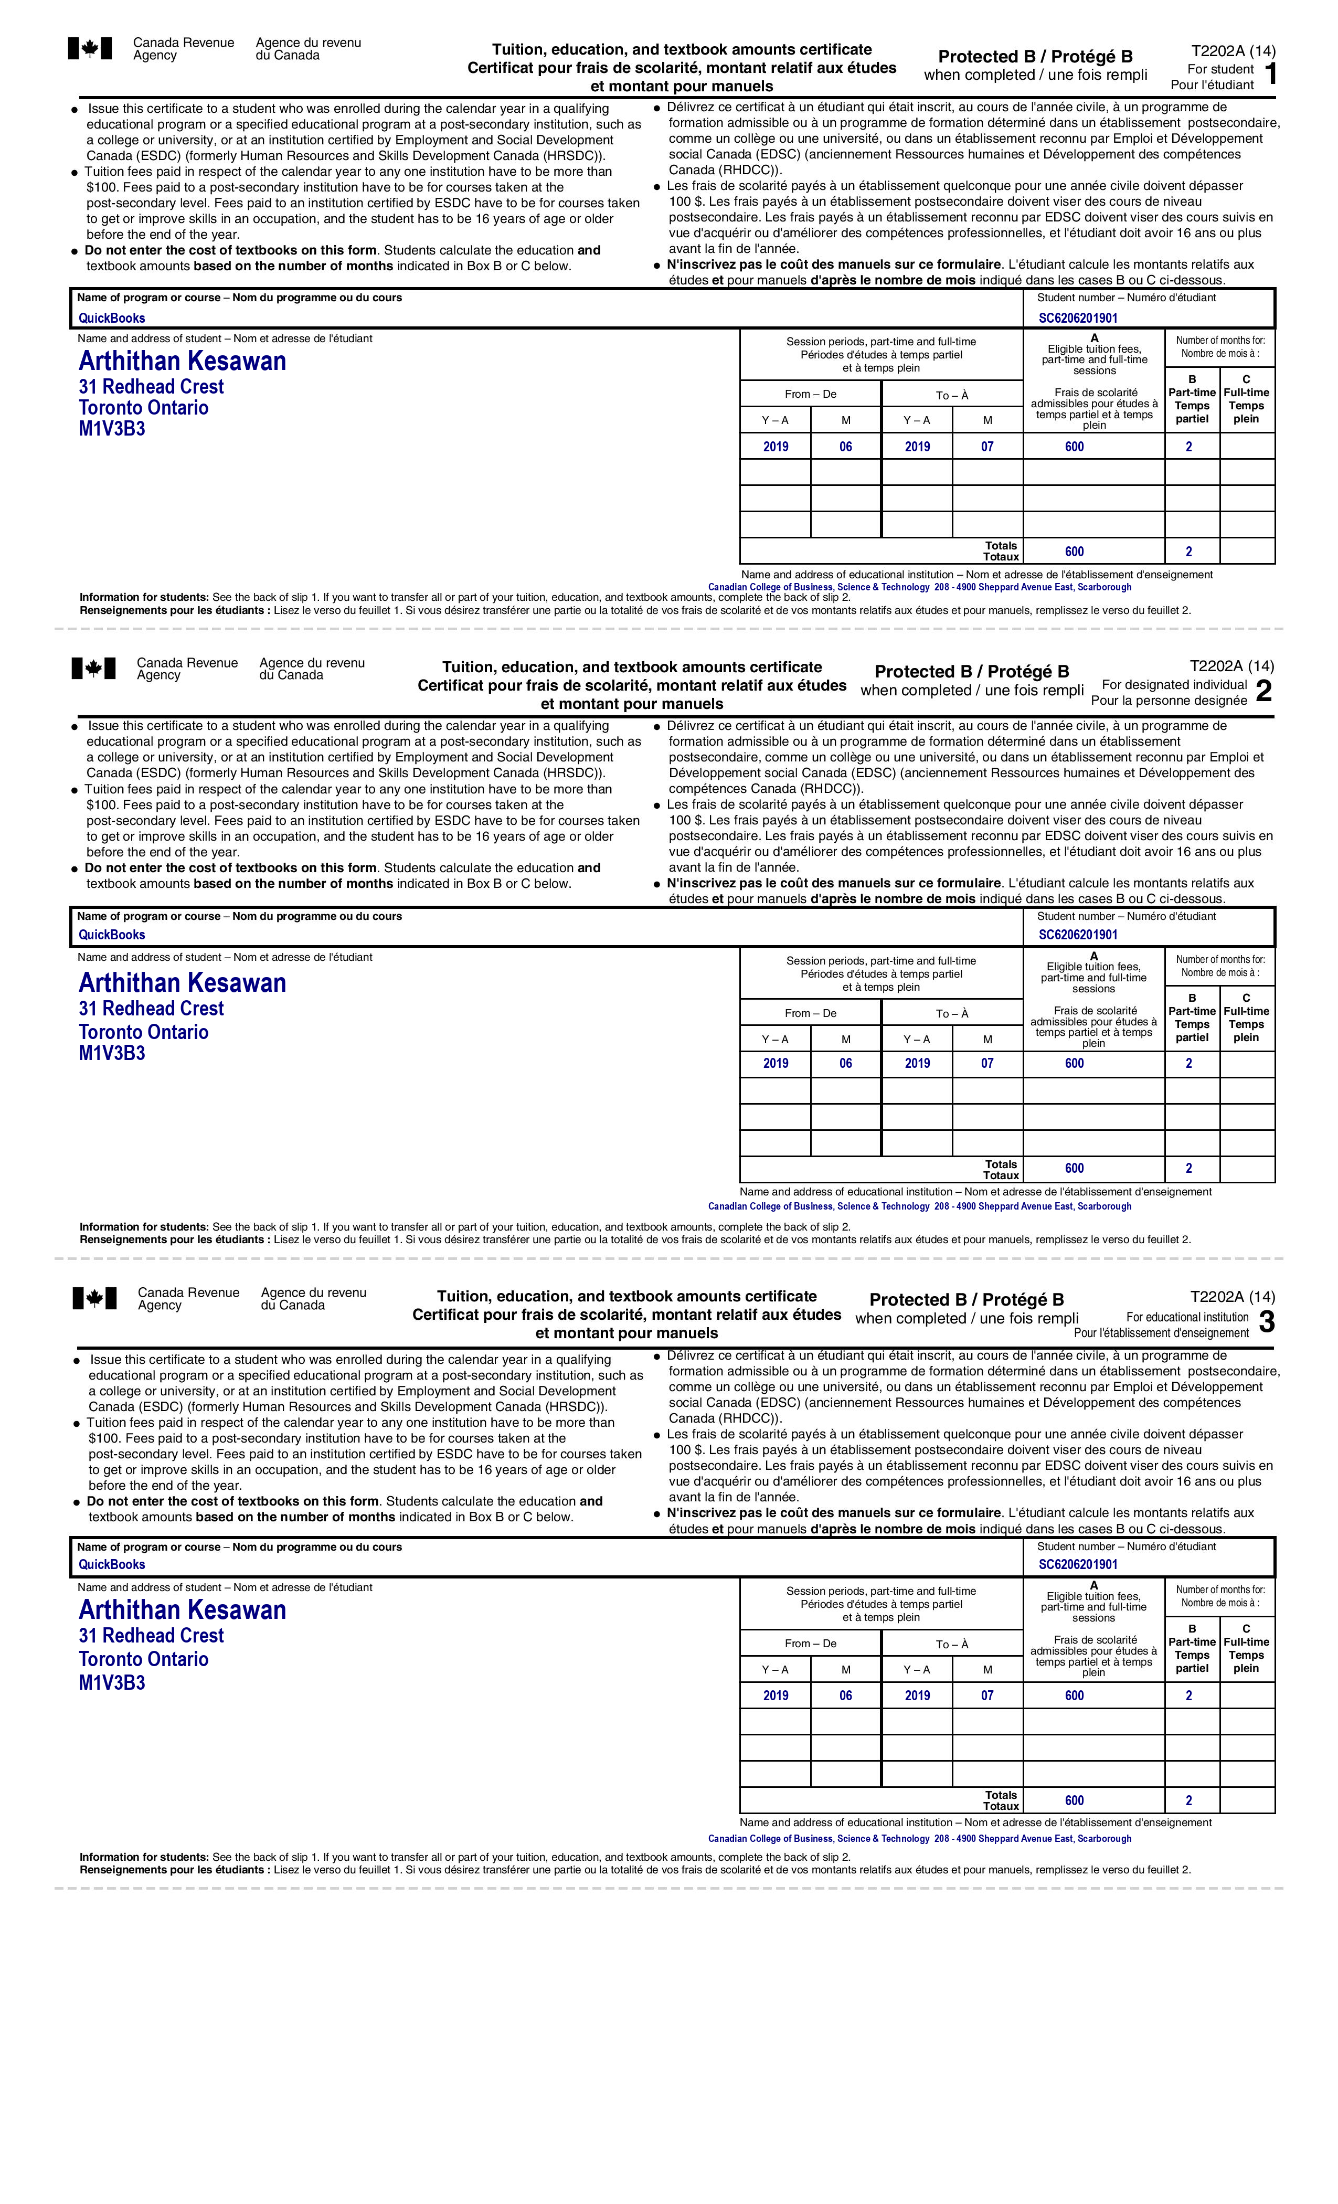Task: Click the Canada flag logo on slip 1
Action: click(x=90, y=48)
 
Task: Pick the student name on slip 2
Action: click(x=183, y=983)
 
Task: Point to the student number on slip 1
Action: click(x=1078, y=317)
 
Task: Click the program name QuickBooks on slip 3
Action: click(x=112, y=1564)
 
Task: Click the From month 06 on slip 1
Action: click(x=845, y=447)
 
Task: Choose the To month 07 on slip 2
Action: click(x=986, y=1064)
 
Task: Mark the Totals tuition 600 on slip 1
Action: click(x=1074, y=551)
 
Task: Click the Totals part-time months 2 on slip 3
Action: click(x=1188, y=1800)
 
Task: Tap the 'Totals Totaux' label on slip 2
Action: click(x=1001, y=1169)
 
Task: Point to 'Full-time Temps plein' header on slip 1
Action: click(x=1246, y=405)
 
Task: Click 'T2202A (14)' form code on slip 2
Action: click(x=1231, y=666)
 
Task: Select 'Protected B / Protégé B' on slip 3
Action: click(x=966, y=1300)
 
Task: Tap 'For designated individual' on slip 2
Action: click(x=1173, y=684)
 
